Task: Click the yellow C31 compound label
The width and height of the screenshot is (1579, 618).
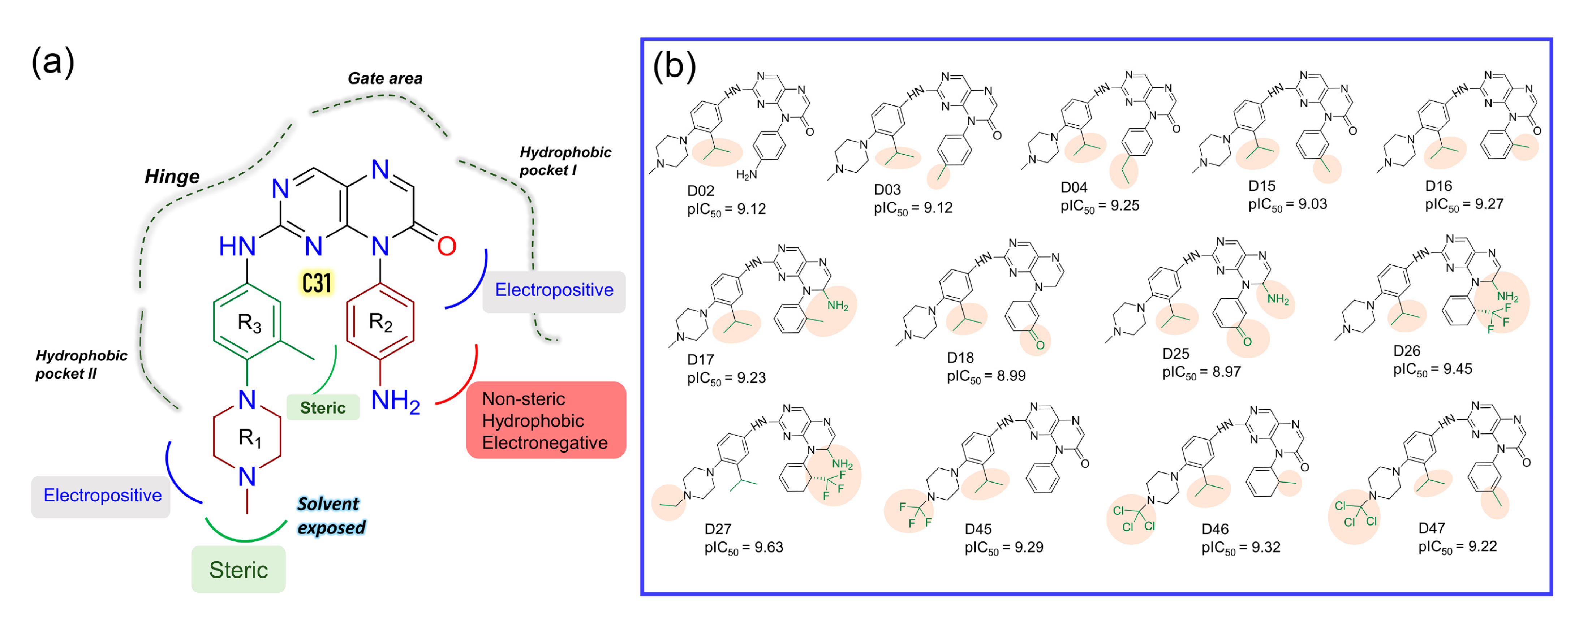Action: coord(317,283)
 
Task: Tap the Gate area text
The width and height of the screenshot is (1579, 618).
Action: coord(385,78)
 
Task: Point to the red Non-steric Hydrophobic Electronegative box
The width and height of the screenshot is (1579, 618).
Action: coord(546,420)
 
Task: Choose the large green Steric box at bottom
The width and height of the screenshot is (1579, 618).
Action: coord(238,570)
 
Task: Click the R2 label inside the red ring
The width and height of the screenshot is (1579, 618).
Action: coord(380,321)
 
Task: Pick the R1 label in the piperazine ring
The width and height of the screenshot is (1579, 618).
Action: coord(249,437)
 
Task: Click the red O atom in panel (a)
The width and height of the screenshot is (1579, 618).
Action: coord(446,246)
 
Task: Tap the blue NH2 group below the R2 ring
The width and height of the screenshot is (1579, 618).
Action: coord(395,401)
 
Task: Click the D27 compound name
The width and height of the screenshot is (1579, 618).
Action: coord(718,528)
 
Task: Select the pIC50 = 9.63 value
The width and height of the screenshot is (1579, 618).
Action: coord(744,547)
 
